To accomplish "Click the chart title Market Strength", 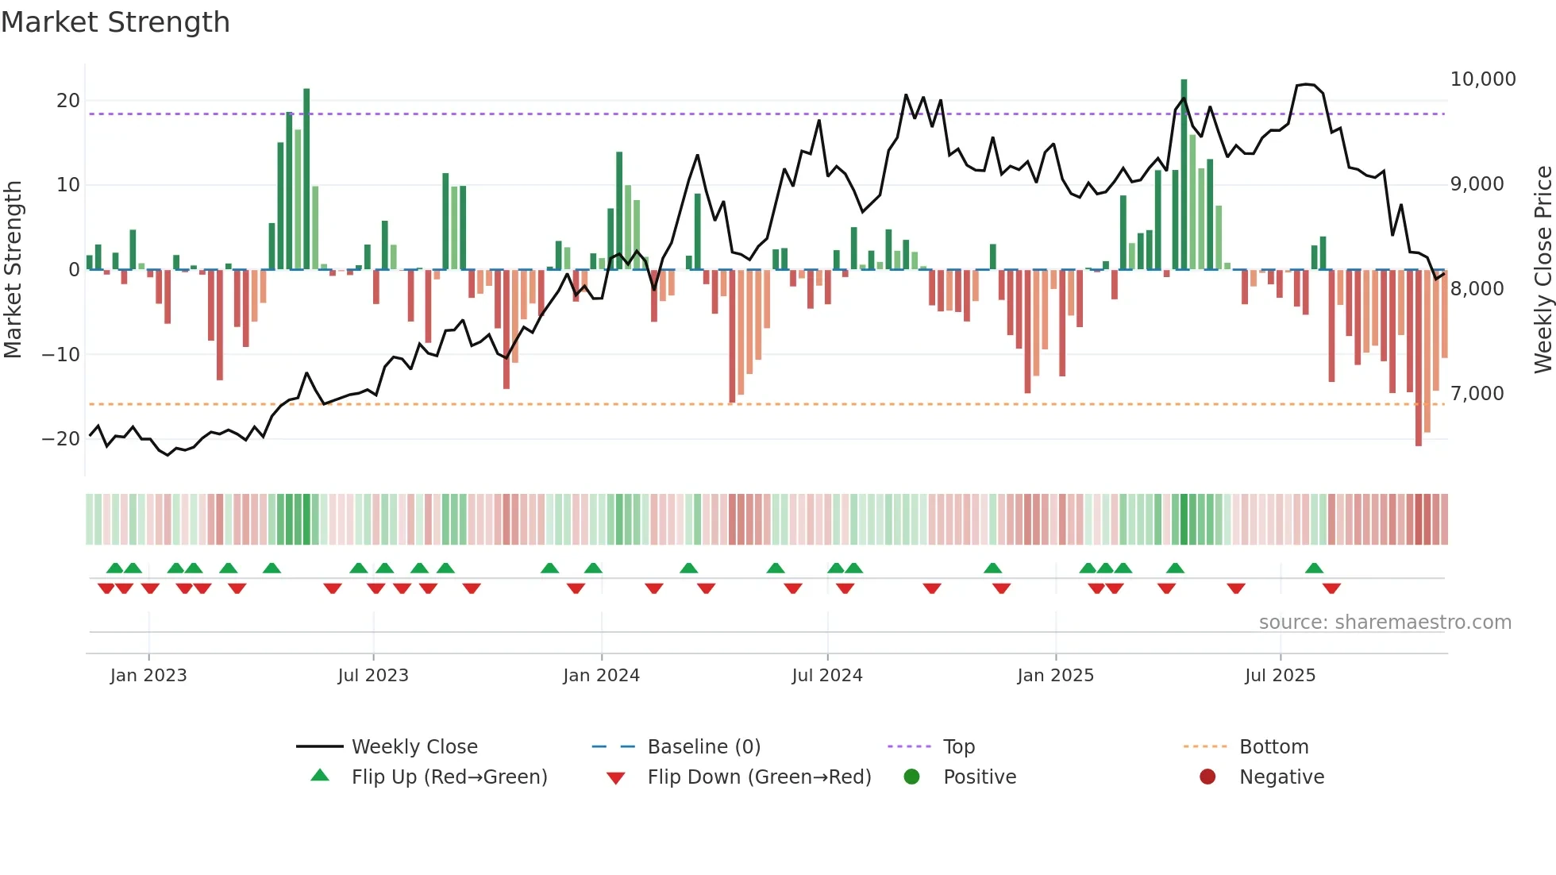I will pos(115,22).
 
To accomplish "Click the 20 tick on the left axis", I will pos(67,101).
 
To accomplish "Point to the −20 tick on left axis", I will pos(61,439).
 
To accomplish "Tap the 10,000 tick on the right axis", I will pos(1482,79).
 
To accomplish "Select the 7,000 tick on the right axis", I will pos(1477,394).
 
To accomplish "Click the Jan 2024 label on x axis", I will pos(601,676).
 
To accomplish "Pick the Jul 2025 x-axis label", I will pos(1280,676).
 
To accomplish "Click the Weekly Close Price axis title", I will pos(1543,270).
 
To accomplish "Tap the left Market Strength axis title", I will pos(13,270).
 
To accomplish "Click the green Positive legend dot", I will pos(912,777).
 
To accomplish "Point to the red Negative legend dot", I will pos(1207,777).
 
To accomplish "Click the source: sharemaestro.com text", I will pos(1385,623).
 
